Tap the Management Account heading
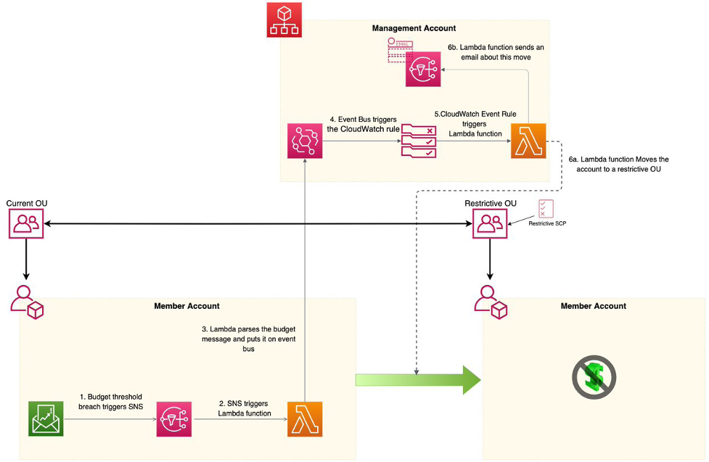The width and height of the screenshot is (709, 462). point(414,28)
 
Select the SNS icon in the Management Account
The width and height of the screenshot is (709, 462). point(423,69)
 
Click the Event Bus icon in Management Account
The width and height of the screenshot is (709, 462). point(305,141)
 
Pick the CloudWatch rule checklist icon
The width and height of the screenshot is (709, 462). point(419,141)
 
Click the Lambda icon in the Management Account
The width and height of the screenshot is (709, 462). point(528,141)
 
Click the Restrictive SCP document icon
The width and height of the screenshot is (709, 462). point(545,209)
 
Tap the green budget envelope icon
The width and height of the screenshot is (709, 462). point(46,418)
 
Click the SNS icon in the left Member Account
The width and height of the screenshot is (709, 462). point(174,418)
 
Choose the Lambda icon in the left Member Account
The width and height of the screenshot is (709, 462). point(305,418)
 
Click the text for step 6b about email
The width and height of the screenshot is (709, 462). point(496,52)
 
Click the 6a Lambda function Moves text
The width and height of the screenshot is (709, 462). point(619,163)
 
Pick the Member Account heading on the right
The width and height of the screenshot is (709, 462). point(593,306)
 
